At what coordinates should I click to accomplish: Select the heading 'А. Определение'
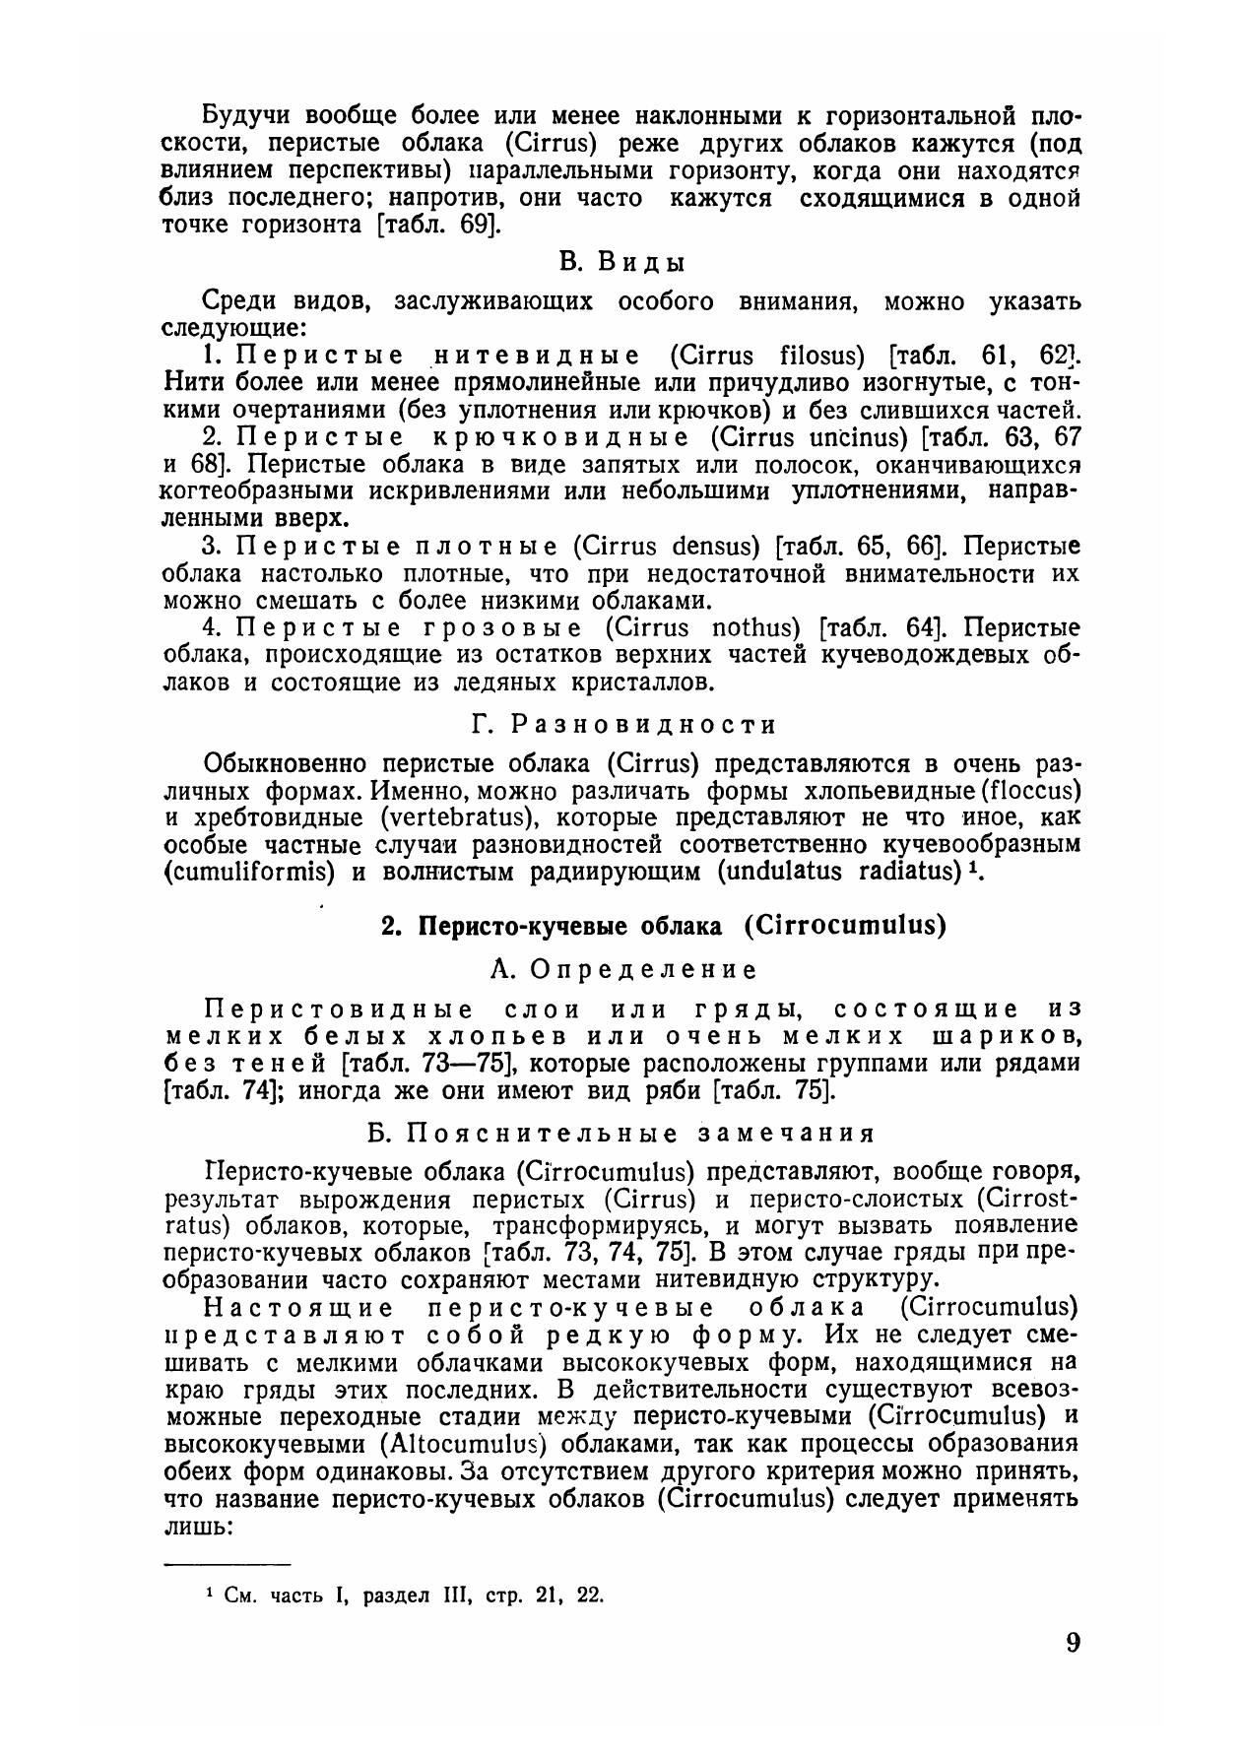point(623,969)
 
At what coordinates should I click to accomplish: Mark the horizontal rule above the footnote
point(226,1563)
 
